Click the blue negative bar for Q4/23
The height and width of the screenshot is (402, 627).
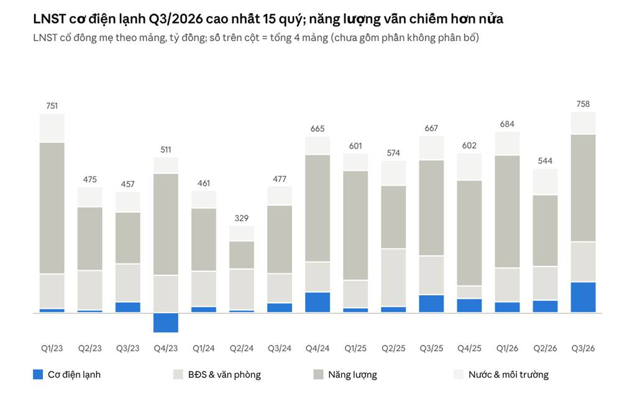coord(165,322)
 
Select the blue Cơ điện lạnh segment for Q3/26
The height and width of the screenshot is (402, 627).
coord(583,297)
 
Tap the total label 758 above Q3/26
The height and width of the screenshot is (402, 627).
coord(583,104)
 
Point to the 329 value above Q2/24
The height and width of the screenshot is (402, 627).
coord(242,218)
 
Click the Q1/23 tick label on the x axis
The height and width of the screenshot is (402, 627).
coord(52,349)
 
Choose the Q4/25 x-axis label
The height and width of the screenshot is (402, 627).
coord(469,349)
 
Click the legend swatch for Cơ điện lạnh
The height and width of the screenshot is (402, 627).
coord(38,375)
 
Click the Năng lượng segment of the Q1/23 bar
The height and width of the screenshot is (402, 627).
coord(52,208)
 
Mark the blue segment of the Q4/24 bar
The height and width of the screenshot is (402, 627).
coord(318,302)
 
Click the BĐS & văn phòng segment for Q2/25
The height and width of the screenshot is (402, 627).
coord(393,278)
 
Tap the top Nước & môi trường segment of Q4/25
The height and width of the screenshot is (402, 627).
coord(469,167)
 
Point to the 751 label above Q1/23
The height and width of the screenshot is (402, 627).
coord(52,106)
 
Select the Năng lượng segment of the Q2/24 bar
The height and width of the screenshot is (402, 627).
coord(242,255)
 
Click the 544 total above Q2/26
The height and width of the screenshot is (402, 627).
coord(545,161)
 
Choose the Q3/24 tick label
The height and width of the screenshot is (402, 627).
coord(280,349)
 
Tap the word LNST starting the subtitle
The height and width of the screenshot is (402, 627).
coord(45,38)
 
